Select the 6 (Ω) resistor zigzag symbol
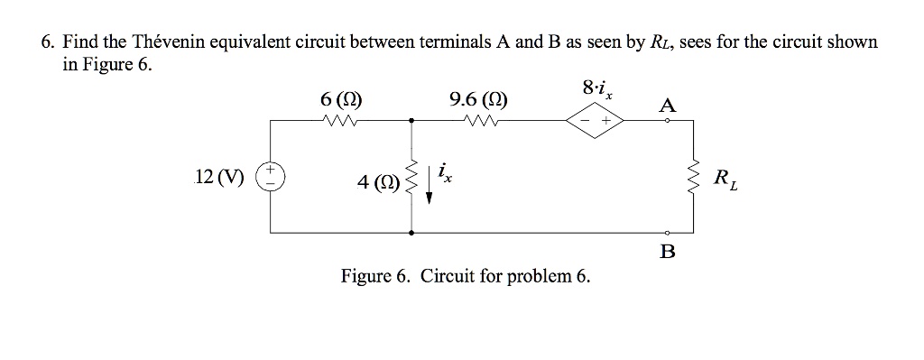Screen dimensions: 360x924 pos(343,119)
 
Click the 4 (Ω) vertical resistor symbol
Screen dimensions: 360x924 pos(412,177)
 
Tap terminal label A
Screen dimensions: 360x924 pos(667,106)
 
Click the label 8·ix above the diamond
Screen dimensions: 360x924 pos(596,89)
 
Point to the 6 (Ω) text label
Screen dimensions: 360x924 pos(343,99)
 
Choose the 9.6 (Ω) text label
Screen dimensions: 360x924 pos(477,99)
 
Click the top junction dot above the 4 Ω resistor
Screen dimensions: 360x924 pos(412,119)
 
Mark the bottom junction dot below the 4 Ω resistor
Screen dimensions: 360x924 pos(412,233)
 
